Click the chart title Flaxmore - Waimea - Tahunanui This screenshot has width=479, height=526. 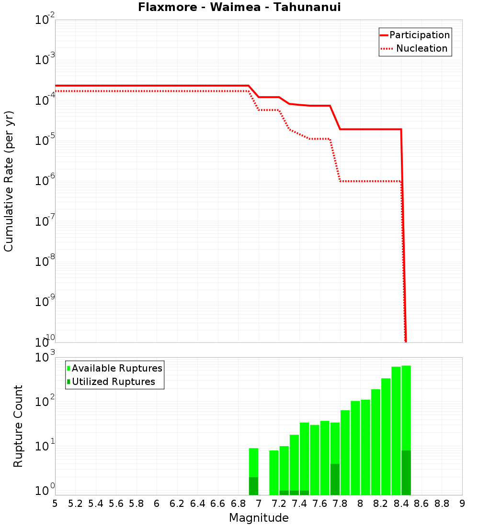point(239,8)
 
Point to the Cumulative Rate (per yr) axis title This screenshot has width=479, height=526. point(9,181)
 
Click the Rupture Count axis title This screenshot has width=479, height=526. point(18,426)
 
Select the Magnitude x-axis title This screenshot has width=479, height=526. point(259,518)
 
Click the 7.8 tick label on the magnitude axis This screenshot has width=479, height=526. point(340,504)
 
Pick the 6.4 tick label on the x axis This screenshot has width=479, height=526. point(197,504)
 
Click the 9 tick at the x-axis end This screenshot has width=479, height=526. point(462,504)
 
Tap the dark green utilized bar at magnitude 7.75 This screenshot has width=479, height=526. point(335,479)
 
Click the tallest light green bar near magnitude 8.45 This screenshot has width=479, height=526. point(406,406)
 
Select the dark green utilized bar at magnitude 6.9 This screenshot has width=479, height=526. point(253,486)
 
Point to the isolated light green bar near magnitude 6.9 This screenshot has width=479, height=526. point(253,461)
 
